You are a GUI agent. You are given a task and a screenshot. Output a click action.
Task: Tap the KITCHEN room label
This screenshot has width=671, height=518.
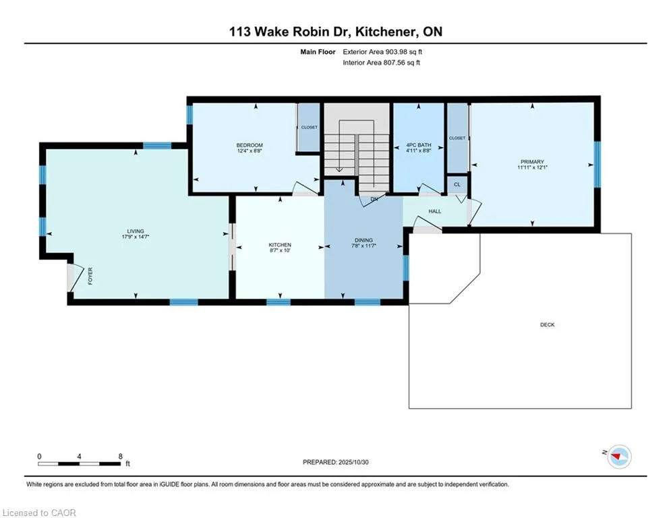click(x=280, y=244)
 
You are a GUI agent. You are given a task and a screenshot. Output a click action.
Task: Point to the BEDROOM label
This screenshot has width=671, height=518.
click(x=249, y=146)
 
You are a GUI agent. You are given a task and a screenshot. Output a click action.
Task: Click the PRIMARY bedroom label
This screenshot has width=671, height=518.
click(x=531, y=162)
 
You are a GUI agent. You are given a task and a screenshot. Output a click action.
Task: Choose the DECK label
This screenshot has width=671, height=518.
click(x=547, y=325)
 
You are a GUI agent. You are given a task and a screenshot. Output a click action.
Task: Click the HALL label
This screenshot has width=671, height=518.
click(x=435, y=212)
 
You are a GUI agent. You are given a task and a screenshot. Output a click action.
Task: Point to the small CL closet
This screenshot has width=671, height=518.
click(x=457, y=184)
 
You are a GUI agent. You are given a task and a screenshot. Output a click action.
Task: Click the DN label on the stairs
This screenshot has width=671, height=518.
click(x=372, y=199)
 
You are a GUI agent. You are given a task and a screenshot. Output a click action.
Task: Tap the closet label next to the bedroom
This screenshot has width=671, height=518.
click(x=309, y=127)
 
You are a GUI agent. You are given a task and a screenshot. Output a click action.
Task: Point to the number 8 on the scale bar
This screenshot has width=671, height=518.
click(x=120, y=456)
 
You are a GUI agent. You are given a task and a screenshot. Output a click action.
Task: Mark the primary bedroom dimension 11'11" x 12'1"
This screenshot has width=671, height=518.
click(x=531, y=168)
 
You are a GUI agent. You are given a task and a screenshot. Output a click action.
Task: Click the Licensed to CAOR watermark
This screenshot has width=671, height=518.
click(x=39, y=513)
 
